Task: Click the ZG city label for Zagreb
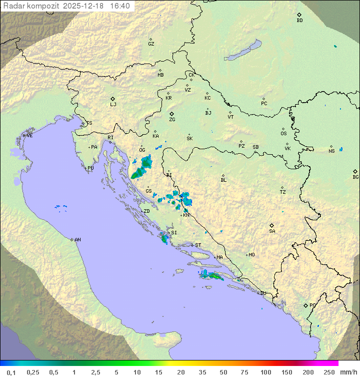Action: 172,120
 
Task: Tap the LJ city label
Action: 113,105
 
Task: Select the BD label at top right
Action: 299,21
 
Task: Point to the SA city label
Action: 272,231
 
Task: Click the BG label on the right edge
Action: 355,177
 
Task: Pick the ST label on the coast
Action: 198,245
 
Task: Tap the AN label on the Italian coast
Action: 77,240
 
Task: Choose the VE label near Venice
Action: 29,136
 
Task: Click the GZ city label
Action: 151,44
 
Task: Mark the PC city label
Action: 264,104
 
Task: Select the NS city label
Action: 331,151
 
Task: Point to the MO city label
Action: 251,255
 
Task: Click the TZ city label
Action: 283,192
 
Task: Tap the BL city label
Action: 223,180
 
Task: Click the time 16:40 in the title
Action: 120,6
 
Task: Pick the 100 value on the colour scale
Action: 265,372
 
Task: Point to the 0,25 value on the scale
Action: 33,372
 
